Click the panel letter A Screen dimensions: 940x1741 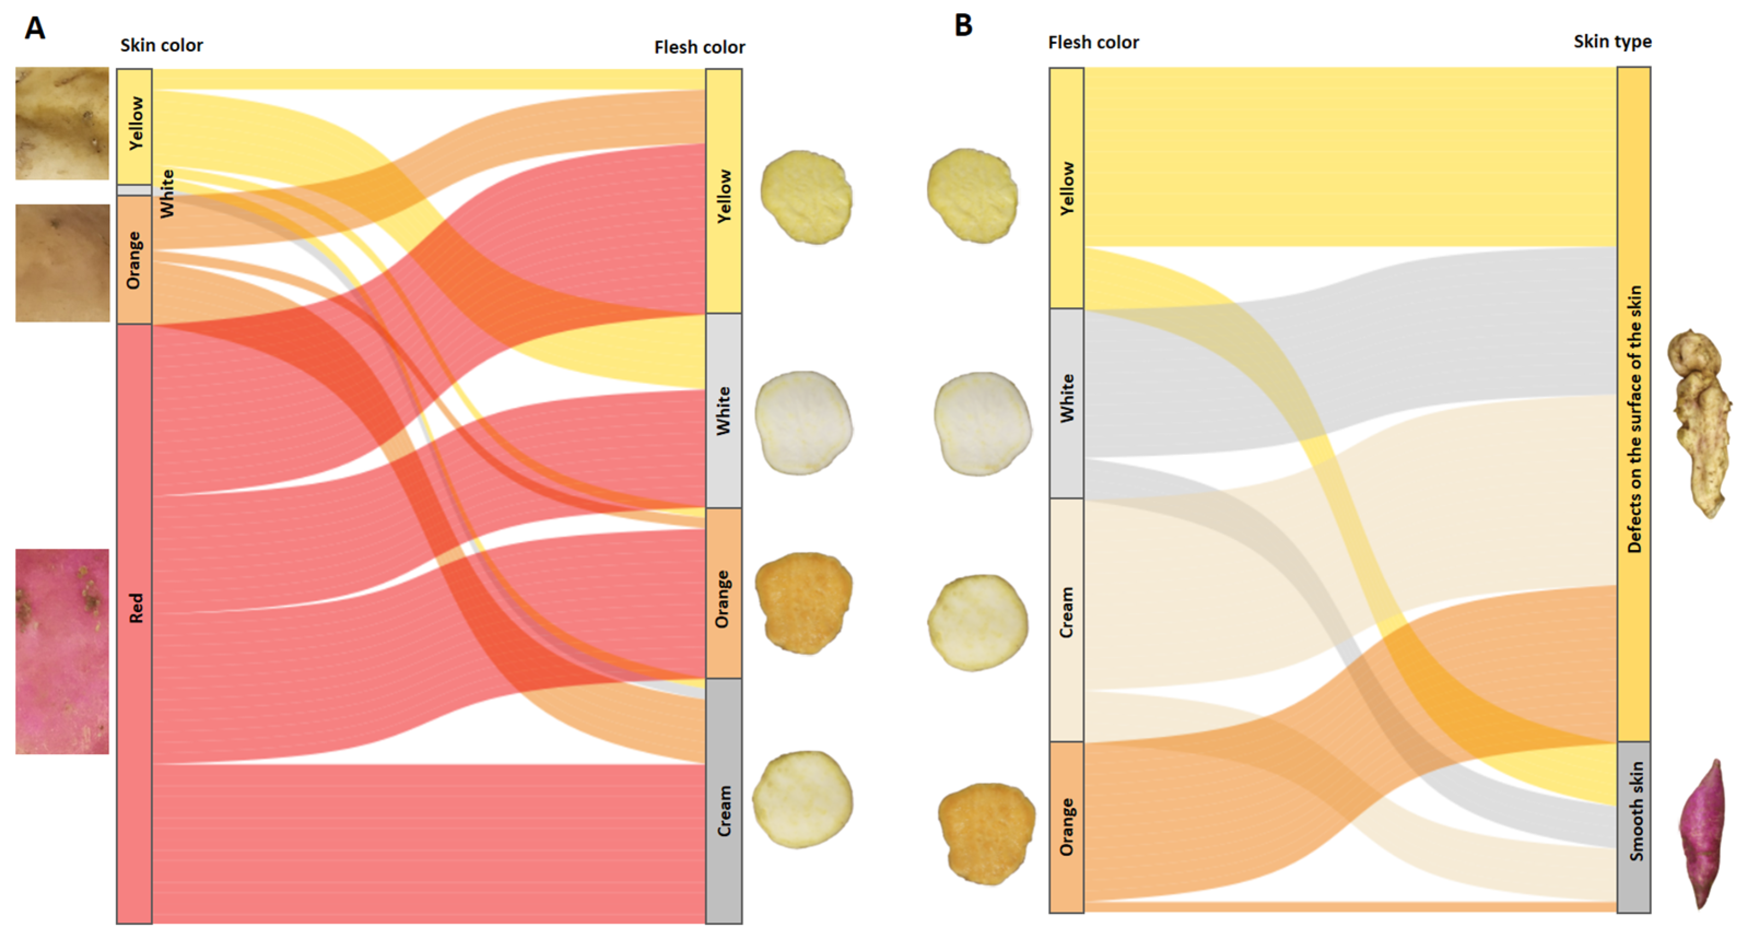[35, 28]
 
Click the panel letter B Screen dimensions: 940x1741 [963, 26]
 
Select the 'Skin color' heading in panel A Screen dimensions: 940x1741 [162, 45]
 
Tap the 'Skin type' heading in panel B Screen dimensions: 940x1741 [1613, 42]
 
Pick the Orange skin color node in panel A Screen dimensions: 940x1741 [134, 260]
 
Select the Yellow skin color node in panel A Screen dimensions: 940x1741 [134, 126]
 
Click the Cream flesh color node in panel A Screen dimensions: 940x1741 [724, 801]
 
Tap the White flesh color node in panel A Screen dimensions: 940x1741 [724, 410]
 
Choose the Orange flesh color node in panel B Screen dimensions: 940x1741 [1067, 826]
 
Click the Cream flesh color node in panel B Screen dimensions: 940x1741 [1067, 619]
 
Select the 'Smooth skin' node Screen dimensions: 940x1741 [1634, 826]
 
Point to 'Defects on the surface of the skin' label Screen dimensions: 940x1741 [1634, 419]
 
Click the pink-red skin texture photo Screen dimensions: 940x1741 [62, 651]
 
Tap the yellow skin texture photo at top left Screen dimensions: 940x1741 [62, 123]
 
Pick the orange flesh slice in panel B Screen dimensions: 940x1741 [987, 833]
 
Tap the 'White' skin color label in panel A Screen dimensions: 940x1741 [167, 194]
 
